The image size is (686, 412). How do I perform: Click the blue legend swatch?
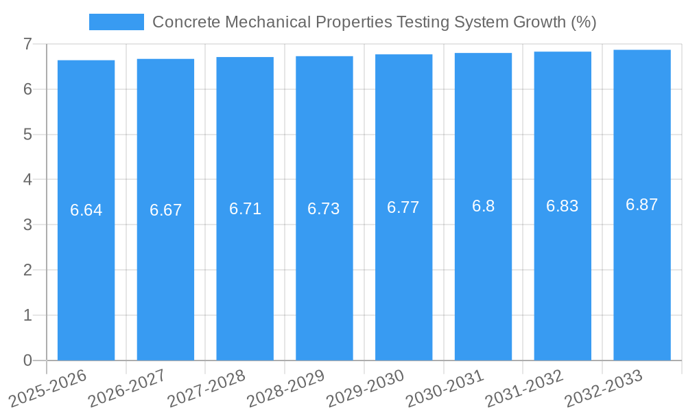click(116, 22)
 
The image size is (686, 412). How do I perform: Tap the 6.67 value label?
click(165, 210)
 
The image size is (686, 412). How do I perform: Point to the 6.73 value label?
click(324, 209)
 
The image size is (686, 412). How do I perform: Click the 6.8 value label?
click(483, 206)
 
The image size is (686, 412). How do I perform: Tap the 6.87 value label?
click(641, 205)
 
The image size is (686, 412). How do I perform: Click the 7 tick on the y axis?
click(27, 45)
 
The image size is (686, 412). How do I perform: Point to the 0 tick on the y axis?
click(27, 360)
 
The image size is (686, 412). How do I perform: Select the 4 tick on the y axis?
click(27, 180)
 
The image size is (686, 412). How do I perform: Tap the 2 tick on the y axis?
click(27, 271)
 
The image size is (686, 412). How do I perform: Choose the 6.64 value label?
click(86, 210)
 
